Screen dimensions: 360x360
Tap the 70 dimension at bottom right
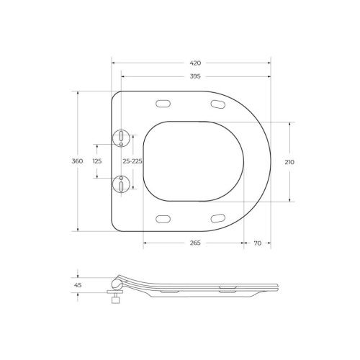coord(257,243)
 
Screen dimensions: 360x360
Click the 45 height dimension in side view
coord(78,285)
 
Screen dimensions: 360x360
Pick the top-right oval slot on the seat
coord(218,105)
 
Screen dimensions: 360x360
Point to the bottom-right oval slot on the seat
coord(218,217)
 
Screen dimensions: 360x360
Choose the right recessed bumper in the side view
coord(227,292)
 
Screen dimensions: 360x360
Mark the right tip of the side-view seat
coord(277,286)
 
